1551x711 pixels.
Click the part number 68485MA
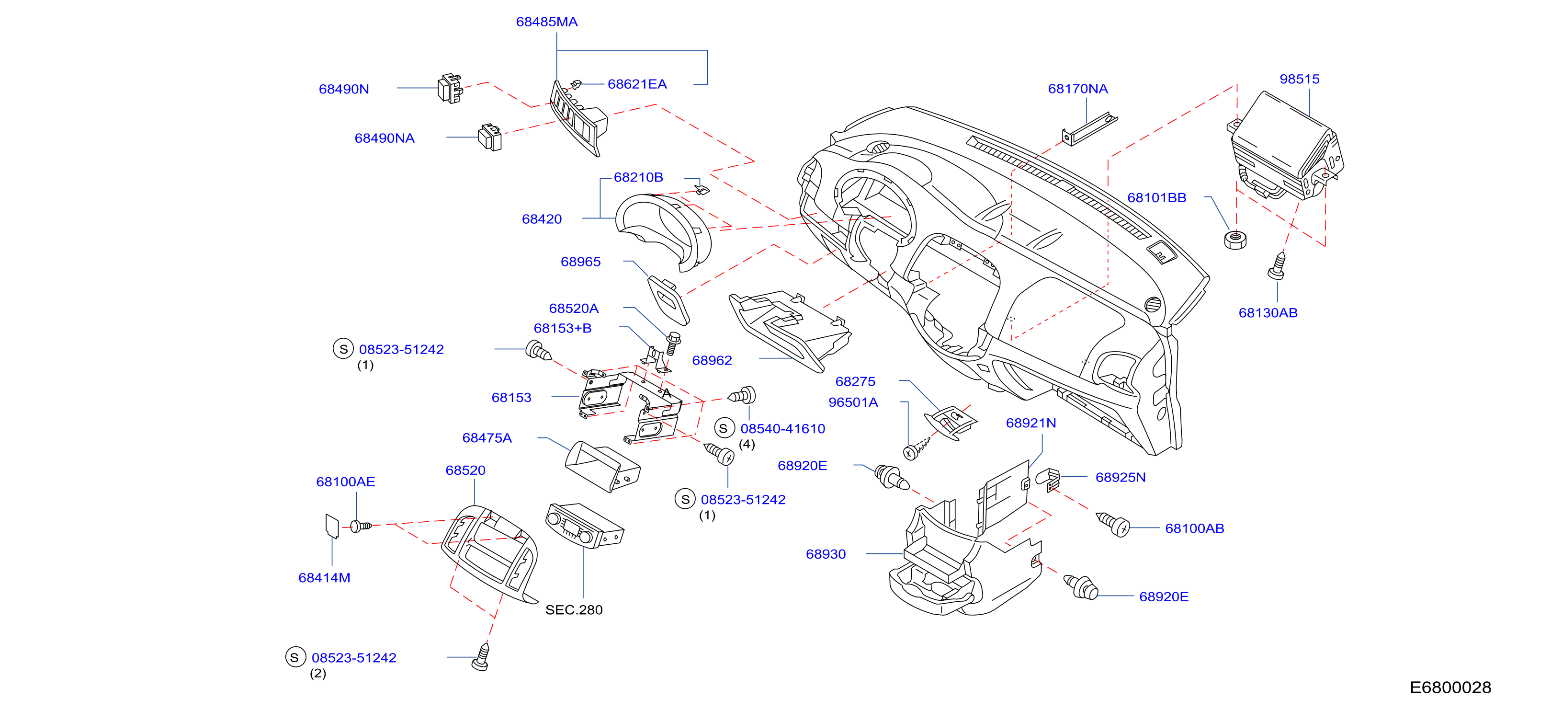point(547,22)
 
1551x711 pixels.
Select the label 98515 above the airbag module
point(1299,79)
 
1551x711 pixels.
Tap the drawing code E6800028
point(1450,688)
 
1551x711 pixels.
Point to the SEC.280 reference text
point(574,610)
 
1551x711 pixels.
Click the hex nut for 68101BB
point(1235,239)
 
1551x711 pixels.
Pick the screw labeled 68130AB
point(1277,266)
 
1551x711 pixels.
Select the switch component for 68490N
point(450,89)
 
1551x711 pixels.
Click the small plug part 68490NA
point(489,138)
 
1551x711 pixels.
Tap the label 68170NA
point(1078,89)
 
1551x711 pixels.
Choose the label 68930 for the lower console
point(826,554)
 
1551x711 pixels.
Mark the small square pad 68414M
point(332,525)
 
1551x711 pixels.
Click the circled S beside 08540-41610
point(724,428)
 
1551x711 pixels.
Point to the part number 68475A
point(487,438)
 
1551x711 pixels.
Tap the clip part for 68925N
point(1048,479)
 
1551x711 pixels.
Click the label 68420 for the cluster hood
point(541,219)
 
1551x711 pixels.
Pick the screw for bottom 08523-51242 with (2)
point(481,657)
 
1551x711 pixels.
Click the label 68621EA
point(637,84)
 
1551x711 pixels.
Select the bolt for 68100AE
point(361,527)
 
